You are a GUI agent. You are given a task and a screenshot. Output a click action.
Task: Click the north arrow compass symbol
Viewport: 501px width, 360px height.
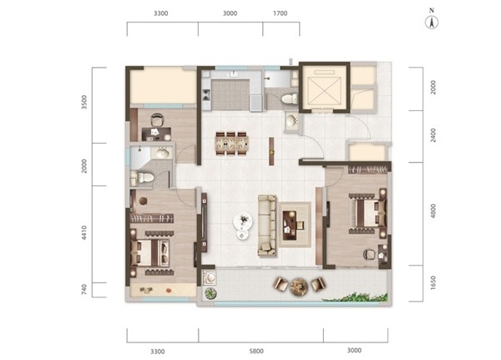[432, 23]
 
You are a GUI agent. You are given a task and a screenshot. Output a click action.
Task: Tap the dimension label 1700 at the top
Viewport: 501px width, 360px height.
[281, 13]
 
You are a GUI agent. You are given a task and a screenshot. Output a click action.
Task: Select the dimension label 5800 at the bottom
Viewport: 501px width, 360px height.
[256, 351]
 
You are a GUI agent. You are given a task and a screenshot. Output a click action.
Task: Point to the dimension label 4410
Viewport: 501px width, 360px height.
[84, 233]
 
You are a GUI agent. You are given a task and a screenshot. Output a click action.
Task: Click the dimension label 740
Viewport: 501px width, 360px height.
[84, 290]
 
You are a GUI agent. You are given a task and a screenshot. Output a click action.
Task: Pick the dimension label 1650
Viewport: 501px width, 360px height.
[433, 283]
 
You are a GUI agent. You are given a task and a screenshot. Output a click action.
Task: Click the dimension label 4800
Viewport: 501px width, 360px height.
[433, 211]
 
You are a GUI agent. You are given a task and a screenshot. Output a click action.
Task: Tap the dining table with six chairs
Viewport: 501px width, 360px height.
[232, 144]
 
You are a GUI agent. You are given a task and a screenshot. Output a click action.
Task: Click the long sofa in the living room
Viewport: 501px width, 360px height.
[267, 226]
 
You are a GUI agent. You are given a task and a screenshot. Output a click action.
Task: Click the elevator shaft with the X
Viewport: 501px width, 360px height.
[324, 88]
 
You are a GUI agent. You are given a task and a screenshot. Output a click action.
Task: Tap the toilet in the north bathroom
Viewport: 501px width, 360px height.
[289, 99]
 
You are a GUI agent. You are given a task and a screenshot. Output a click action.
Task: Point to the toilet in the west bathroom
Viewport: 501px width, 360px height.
[143, 178]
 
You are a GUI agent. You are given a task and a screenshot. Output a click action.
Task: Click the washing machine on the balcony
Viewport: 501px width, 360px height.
[210, 278]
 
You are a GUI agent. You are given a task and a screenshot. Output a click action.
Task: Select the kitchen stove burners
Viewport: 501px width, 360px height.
[206, 94]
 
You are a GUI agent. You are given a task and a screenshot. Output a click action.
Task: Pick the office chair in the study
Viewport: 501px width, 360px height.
[157, 120]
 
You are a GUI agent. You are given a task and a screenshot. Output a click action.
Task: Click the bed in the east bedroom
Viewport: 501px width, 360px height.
[368, 213]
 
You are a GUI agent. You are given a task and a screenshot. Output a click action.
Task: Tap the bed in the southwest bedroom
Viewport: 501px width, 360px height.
[150, 253]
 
